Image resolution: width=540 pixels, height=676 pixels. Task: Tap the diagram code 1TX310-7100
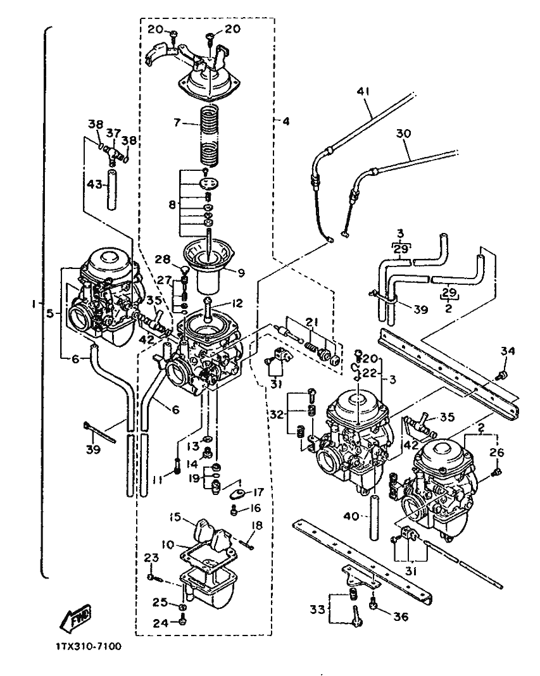89,646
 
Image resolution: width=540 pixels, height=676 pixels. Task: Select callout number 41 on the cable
363,91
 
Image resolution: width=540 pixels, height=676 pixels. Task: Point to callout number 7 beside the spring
176,123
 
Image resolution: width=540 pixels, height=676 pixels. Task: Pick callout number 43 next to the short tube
94,185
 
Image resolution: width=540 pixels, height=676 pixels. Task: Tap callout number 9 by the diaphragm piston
241,272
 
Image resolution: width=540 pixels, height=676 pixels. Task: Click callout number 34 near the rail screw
508,351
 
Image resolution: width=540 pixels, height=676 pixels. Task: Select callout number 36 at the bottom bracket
401,617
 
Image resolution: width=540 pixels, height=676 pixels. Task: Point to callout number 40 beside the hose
351,515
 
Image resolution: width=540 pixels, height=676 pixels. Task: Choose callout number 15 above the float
175,517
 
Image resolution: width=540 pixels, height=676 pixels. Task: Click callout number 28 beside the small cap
163,259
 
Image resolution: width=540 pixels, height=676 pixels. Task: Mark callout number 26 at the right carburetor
497,452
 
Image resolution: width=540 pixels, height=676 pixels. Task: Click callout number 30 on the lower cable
403,134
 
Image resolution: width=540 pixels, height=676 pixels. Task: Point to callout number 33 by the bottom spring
317,610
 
